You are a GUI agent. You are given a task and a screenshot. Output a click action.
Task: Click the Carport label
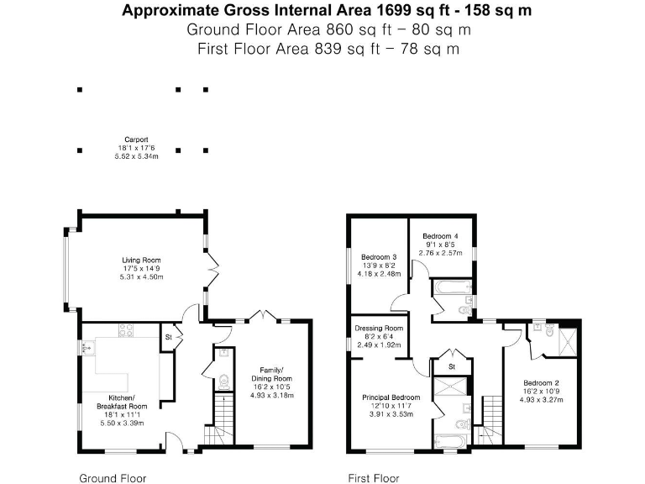[x=136, y=139]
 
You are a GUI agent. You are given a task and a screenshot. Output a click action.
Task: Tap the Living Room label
[x=141, y=260]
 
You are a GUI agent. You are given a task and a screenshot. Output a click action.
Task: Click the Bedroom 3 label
[x=379, y=257]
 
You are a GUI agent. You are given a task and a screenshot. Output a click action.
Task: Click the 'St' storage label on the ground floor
[x=168, y=337]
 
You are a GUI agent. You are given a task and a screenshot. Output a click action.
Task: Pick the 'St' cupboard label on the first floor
[x=451, y=366]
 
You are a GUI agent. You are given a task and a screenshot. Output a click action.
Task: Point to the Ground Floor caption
[x=113, y=478]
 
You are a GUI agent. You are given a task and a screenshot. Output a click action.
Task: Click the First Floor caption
[x=374, y=478]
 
